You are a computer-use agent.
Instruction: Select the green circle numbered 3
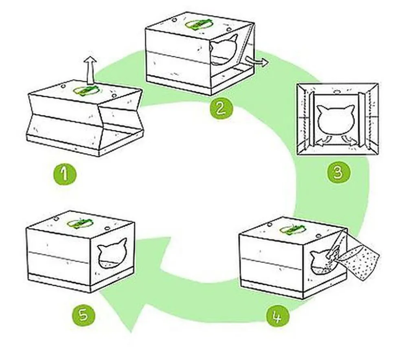[x=338, y=173]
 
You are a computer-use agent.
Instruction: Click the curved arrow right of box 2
[x=256, y=61]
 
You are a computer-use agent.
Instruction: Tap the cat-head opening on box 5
[x=112, y=254]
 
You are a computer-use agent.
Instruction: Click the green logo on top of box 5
[x=80, y=223]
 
